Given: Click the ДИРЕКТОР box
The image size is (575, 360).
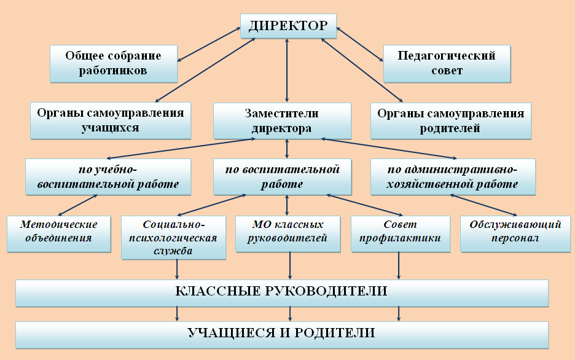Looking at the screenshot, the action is pyautogui.click(x=288, y=26).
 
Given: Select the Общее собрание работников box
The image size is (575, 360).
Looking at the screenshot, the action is pyautogui.click(x=114, y=64).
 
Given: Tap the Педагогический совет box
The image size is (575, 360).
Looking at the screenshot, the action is pyautogui.click(x=447, y=64).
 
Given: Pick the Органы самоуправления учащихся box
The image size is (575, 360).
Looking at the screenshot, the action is pyautogui.click(x=111, y=120).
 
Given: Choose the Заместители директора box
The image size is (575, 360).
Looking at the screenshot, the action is pyautogui.click(x=282, y=121).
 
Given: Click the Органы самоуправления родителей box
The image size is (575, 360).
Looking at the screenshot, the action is pyautogui.click(x=451, y=121).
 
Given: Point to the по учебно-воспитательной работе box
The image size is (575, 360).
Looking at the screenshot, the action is pyautogui.click(x=108, y=177).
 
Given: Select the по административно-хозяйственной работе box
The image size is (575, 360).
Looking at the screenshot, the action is pyautogui.click(x=453, y=177).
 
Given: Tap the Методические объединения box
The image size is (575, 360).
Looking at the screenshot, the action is pyautogui.click(x=59, y=234).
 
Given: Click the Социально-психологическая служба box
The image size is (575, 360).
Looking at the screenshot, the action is pyautogui.click(x=173, y=238).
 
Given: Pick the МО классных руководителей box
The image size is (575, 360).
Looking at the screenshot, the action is pyautogui.click(x=288, y=234).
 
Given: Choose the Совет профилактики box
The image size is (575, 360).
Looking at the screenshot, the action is pyautogui.click(x=401, y=234).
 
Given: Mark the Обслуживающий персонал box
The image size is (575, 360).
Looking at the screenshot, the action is pyautogui.click(x=515, y=234).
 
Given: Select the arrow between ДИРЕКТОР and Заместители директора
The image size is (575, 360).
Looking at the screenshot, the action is pyautogui.click(x=287, y=70).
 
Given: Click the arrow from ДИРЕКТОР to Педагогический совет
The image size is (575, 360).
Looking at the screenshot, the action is pyautogui.click(x=360, y=44).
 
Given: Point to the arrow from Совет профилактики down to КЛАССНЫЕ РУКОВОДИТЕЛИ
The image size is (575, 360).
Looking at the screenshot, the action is pyautogui.click(x=399, y=266).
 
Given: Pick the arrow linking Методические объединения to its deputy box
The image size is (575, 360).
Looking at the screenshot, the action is pyautogui.click(x=78, y=205).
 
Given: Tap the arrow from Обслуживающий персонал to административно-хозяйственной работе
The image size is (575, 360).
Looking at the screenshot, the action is pyautogui.click(x=483, y=205).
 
